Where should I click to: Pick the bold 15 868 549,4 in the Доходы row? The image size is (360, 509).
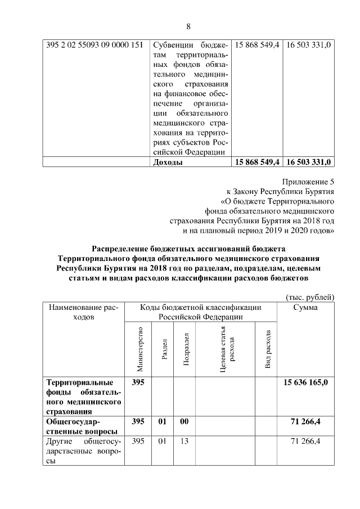256,163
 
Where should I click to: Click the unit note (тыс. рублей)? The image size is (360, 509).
309,296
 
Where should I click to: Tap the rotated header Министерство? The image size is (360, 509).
140,349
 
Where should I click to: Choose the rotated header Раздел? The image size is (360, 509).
163,349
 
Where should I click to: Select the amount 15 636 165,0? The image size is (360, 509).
307,382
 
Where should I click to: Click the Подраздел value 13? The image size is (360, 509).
184,441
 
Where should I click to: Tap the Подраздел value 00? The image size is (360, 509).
184,421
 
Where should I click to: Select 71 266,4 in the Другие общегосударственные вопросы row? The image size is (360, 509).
307,441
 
